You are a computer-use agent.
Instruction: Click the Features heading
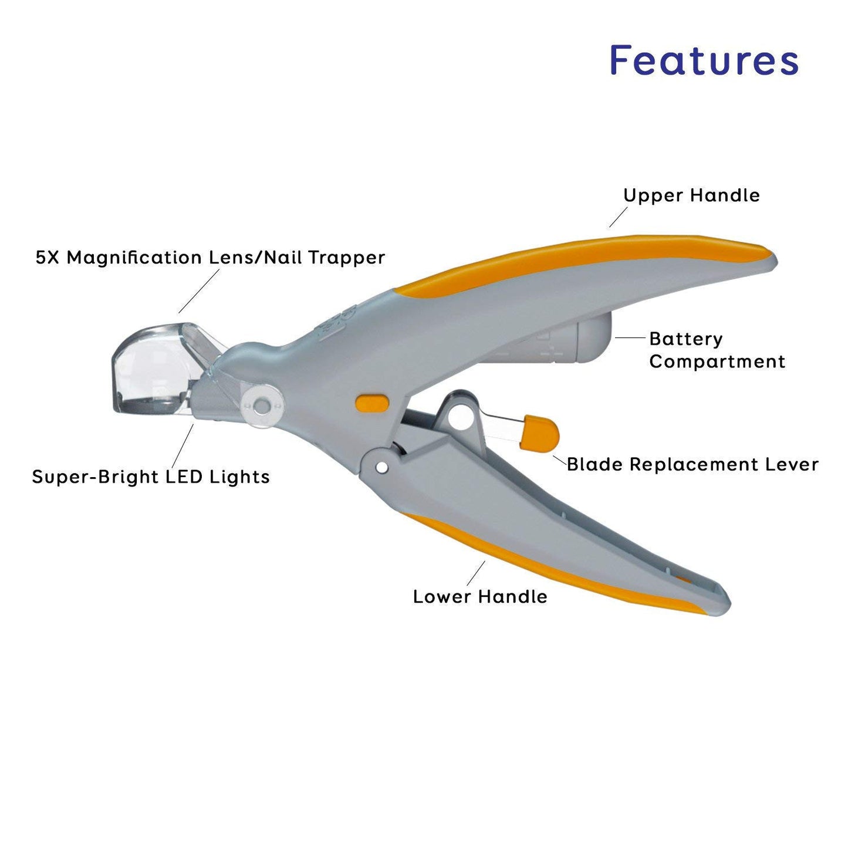pos(704,60)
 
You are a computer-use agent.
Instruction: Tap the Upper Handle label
pos(691,195)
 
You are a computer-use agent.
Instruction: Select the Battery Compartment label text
pos(717,350)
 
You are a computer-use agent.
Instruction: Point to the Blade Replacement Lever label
pos(692,465)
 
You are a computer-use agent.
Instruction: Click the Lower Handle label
pos(480,597)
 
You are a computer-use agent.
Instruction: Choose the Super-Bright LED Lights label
pos(151,477)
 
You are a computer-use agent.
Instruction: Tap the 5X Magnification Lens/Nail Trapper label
pos(210,258)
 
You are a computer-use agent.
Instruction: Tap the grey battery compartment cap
pos(594,337)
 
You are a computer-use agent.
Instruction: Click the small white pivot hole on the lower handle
pos(382,468)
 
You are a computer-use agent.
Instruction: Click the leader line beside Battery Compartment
pos(630,337)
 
